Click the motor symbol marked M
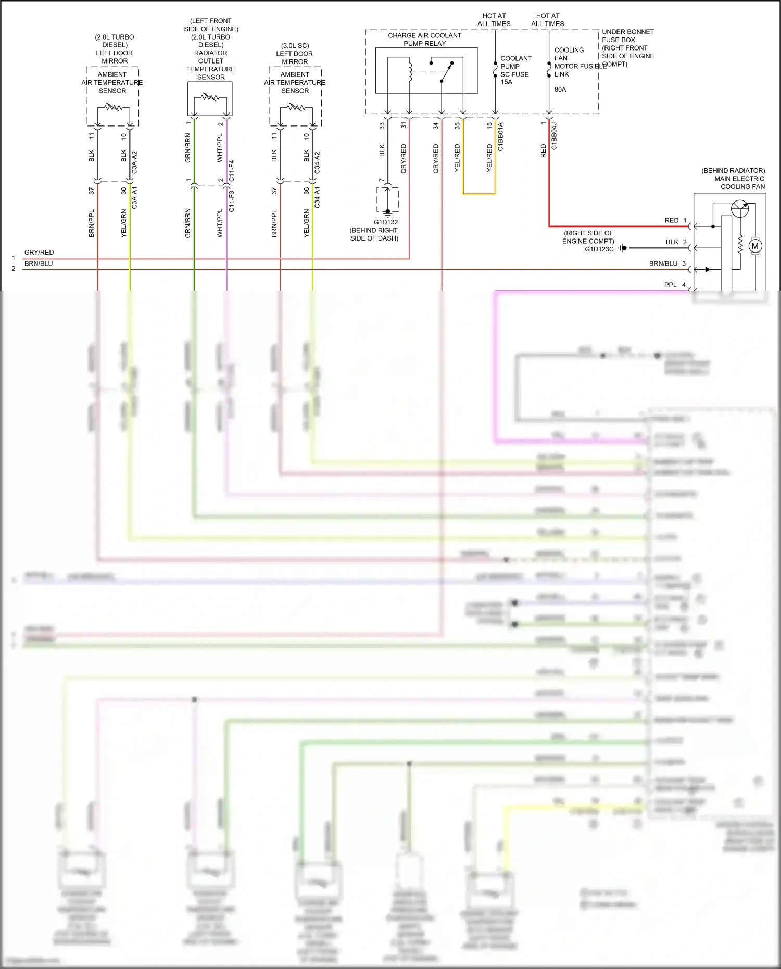[x=754, y=246]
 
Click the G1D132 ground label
[x=386, y=222]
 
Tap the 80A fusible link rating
[x=560, y=90]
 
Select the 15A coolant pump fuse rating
[x=506, y=82]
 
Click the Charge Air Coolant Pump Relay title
[x=424, y=40]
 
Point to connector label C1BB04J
[x=554, y=136]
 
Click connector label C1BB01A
[x=500, y=136]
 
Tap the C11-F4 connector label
[x=231, y=171]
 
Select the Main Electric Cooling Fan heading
[x=739, y=179]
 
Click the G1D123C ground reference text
[x=599, y=249]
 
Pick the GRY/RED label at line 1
[x=39, y=253]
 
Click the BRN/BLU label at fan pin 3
[x=663, y=263]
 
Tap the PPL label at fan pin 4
[x=670, y=285]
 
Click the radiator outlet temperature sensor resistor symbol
[x=210, y=97]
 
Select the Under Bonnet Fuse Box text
[x=627, y=36]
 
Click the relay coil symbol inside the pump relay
[x=410, y=71]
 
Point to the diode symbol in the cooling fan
[x=708, y=269]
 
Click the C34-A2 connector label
[x=317, y=162]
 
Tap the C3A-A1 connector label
[x=134, y=198]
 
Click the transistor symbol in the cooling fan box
[x=739, y=209]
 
